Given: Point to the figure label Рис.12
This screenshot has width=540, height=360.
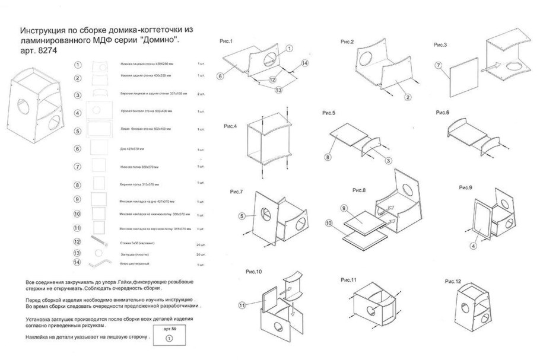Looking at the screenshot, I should click(453, 281).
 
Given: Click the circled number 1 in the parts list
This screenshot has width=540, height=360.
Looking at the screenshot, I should click(78, 65).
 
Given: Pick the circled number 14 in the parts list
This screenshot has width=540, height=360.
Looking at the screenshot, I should click(78, 263).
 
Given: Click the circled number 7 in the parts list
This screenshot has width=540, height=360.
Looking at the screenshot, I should click(78, 168).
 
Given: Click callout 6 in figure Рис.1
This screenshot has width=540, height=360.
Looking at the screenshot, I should click(220, 76).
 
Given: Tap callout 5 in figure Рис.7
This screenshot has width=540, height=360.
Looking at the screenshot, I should click(242, 216).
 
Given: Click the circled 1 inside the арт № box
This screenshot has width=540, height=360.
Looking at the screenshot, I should click(169, 337).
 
